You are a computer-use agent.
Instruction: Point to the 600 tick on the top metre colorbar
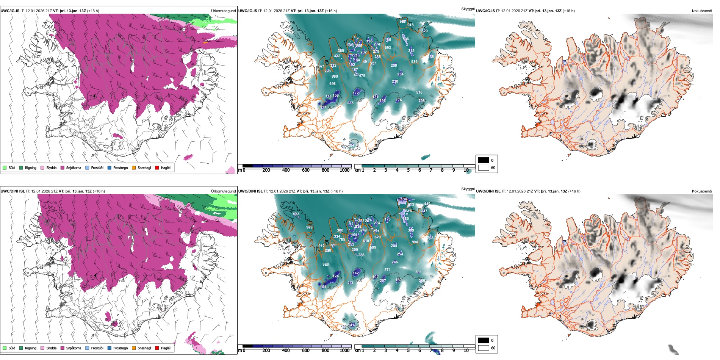coord(305,170)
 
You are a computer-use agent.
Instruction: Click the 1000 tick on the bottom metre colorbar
coord(344,351)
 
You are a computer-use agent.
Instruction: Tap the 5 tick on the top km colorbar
coord(408,170)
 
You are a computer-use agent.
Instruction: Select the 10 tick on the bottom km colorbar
coord(466,351)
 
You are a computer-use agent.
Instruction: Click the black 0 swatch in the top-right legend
coord(484,160)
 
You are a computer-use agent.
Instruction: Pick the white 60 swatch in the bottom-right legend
coord(484,348)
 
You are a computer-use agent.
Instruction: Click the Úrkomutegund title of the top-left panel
coord(223,11)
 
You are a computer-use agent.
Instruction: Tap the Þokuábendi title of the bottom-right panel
coord(702,191)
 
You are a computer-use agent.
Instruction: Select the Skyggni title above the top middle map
coord(468,9)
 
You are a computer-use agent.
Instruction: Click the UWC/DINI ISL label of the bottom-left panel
coord(13,191)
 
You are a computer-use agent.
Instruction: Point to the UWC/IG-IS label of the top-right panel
coord(485,11)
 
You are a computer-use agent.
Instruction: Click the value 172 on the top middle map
coord(355,93)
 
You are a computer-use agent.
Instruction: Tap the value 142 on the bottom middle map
coord(355,273)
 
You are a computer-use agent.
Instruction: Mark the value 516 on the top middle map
coord(419,92)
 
